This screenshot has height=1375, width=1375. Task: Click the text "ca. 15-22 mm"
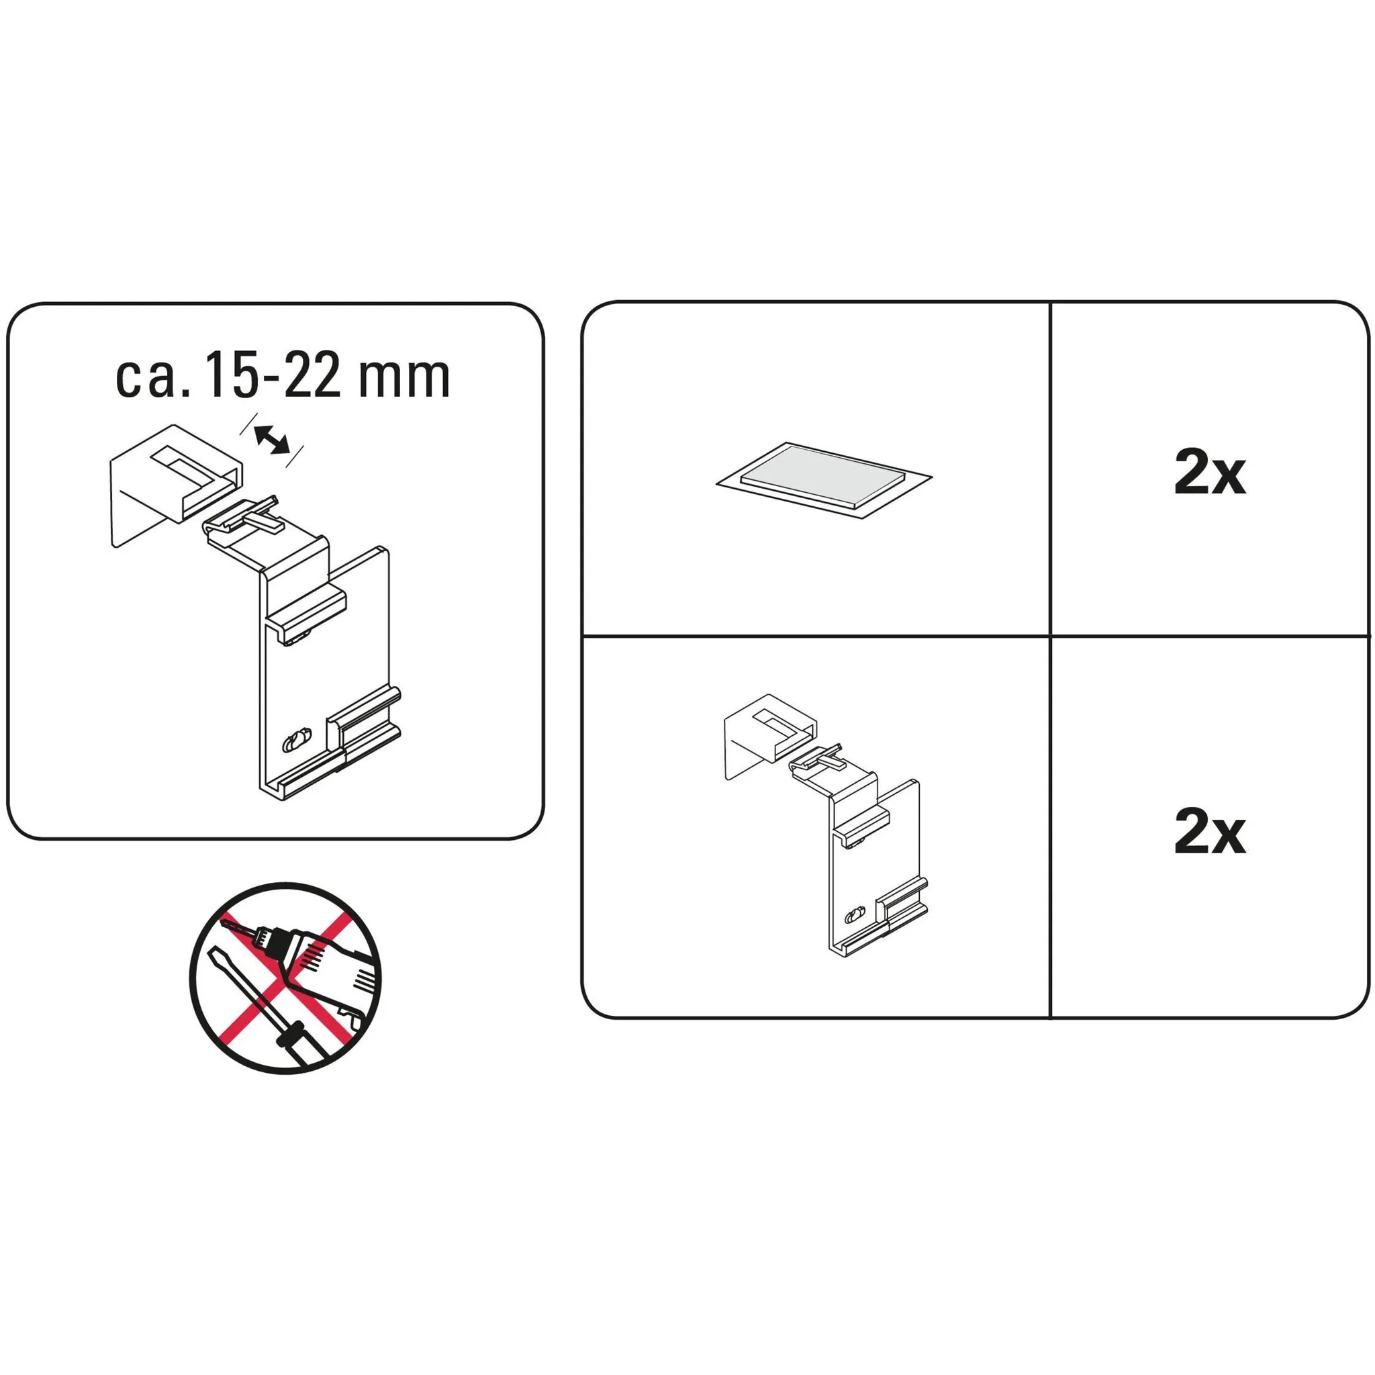(283, 377)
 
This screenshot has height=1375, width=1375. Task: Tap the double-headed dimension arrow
(273, 438)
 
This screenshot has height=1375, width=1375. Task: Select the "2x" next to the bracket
(1210, 833)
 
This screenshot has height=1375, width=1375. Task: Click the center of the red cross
(285, 978)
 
